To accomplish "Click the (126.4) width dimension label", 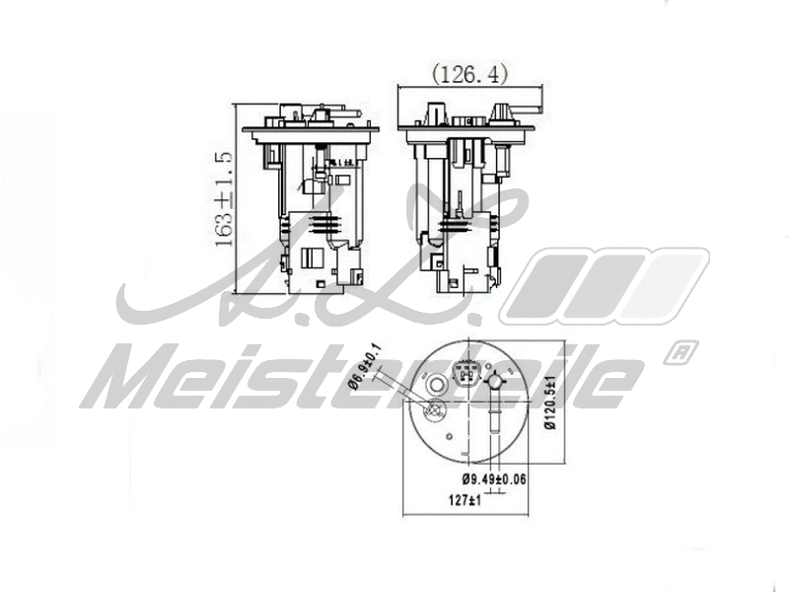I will (468, 73).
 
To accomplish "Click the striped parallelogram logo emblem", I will (604, 286).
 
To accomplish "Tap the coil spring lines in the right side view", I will (457, 226).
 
